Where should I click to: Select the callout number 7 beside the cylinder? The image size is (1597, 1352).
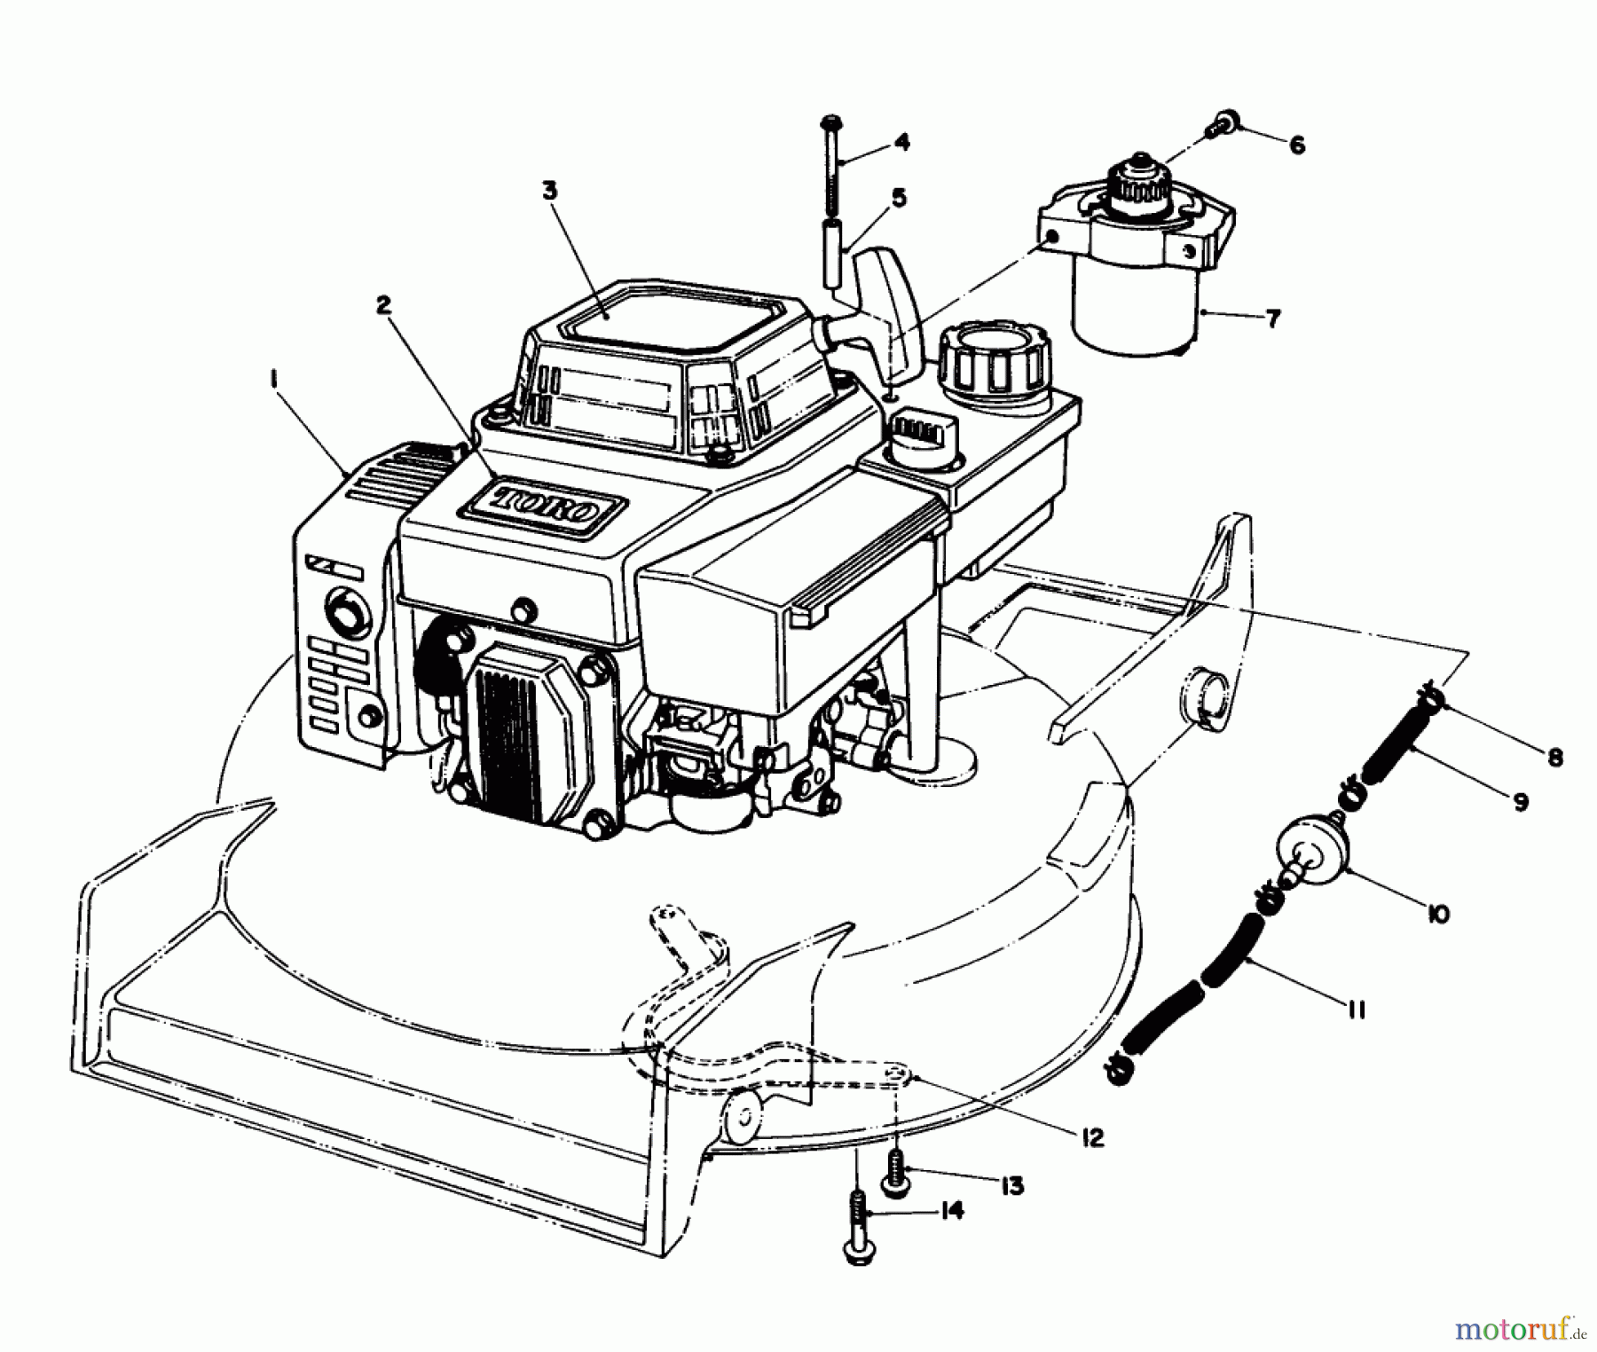(1273, 318)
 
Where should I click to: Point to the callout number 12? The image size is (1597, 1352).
(1092, 1137)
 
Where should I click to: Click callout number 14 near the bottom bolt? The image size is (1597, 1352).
(951, 1211)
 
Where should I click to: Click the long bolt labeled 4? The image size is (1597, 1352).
(832, 168)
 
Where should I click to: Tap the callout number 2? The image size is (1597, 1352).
(383, 305)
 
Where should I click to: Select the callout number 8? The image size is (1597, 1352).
(1554, 758)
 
